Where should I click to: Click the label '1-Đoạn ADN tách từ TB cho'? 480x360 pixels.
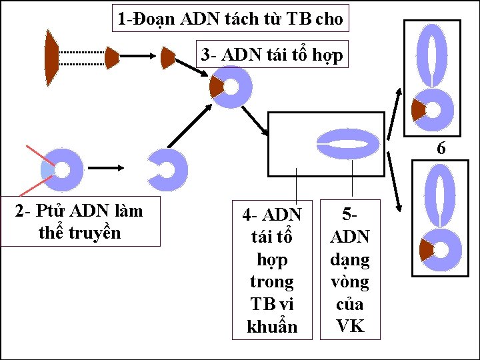pos(230,19)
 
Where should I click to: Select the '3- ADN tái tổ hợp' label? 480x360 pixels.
pos(273,55)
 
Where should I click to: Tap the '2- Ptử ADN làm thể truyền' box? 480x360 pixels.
pos(80,221)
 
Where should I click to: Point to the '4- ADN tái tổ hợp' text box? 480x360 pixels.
pos(271,270)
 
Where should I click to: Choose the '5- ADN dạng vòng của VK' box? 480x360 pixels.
pos(350,270)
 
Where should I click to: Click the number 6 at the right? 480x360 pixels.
pos(441,149)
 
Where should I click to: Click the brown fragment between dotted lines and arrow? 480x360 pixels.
pos(111,58)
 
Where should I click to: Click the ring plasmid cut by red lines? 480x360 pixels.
pos(62,171)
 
